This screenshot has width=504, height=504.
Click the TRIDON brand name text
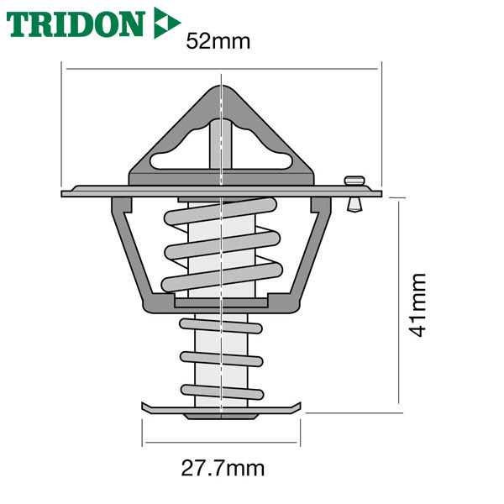point(76,24)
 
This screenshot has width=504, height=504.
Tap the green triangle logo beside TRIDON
point(165,23)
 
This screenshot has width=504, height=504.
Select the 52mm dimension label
point(218,41)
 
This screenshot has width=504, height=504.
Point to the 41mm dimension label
point(418,305)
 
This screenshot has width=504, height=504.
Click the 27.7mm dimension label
point(223,469)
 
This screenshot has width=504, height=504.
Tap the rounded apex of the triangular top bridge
point(222,89)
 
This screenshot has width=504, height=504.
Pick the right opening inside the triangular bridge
point(262,151)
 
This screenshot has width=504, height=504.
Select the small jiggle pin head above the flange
point(354,181)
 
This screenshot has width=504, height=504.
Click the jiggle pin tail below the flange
point(354,204)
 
